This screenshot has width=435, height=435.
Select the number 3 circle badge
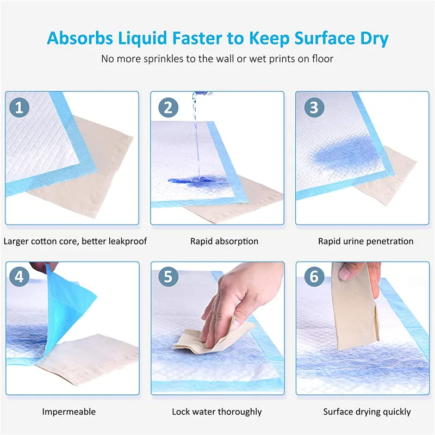click(x=313, y=107)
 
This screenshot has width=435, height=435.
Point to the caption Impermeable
click(x=69, y=412)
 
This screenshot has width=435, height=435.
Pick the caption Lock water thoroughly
click(x=217, y=412)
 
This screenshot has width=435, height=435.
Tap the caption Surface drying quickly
click(x=367, y=412)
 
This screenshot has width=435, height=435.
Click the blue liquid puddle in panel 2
click(x=182, y=182)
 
